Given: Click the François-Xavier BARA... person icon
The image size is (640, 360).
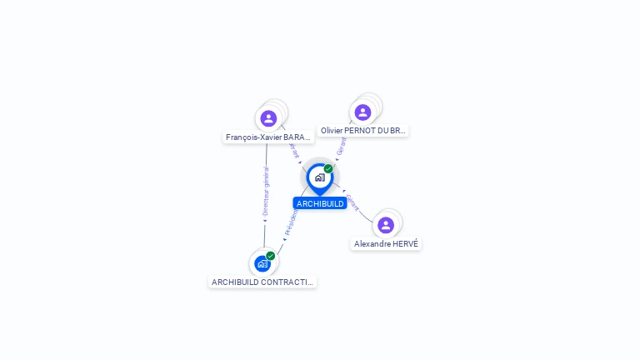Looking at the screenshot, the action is pyautogui.click(x=268, y=118).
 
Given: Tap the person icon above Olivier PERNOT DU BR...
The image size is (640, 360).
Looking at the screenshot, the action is pyautogui.click(x=362, y=112).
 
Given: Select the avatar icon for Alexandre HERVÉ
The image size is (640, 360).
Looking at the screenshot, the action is pyautogui.click(x=386, y=225).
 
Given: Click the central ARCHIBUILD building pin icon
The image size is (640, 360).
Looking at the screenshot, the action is pyautogui.click(x=319, y=177).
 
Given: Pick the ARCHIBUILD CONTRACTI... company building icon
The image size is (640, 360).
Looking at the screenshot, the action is pyautogui.click(x=262, y=264).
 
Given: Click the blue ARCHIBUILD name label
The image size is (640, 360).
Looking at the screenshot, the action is pyautogui.click(x=320, y=203).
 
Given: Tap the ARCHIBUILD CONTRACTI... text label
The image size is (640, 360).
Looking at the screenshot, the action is pyautogui.click(x=262, y=282).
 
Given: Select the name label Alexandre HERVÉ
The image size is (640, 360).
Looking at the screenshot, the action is pyautogui.click(x=386, y=244).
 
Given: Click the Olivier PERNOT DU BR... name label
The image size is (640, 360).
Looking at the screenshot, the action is pyautogui.click(x=363, y=131).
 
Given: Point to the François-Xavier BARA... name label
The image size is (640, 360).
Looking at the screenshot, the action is pyautogui.click(x=268, y=137).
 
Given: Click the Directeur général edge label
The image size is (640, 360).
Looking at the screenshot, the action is pyautogui.click(x=266, y=192).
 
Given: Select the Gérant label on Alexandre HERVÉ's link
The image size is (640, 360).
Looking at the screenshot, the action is pyautogui.click(x=353, y=202).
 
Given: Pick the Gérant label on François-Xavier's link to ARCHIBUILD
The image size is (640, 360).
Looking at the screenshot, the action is pyautogui.click(x=293, y=149).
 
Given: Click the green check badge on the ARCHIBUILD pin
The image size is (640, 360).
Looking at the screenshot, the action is pyautogui.click(x=328, y=169).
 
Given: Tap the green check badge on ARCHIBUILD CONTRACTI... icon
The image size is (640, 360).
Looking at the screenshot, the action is pyautogui.click(x=271, y=256).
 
